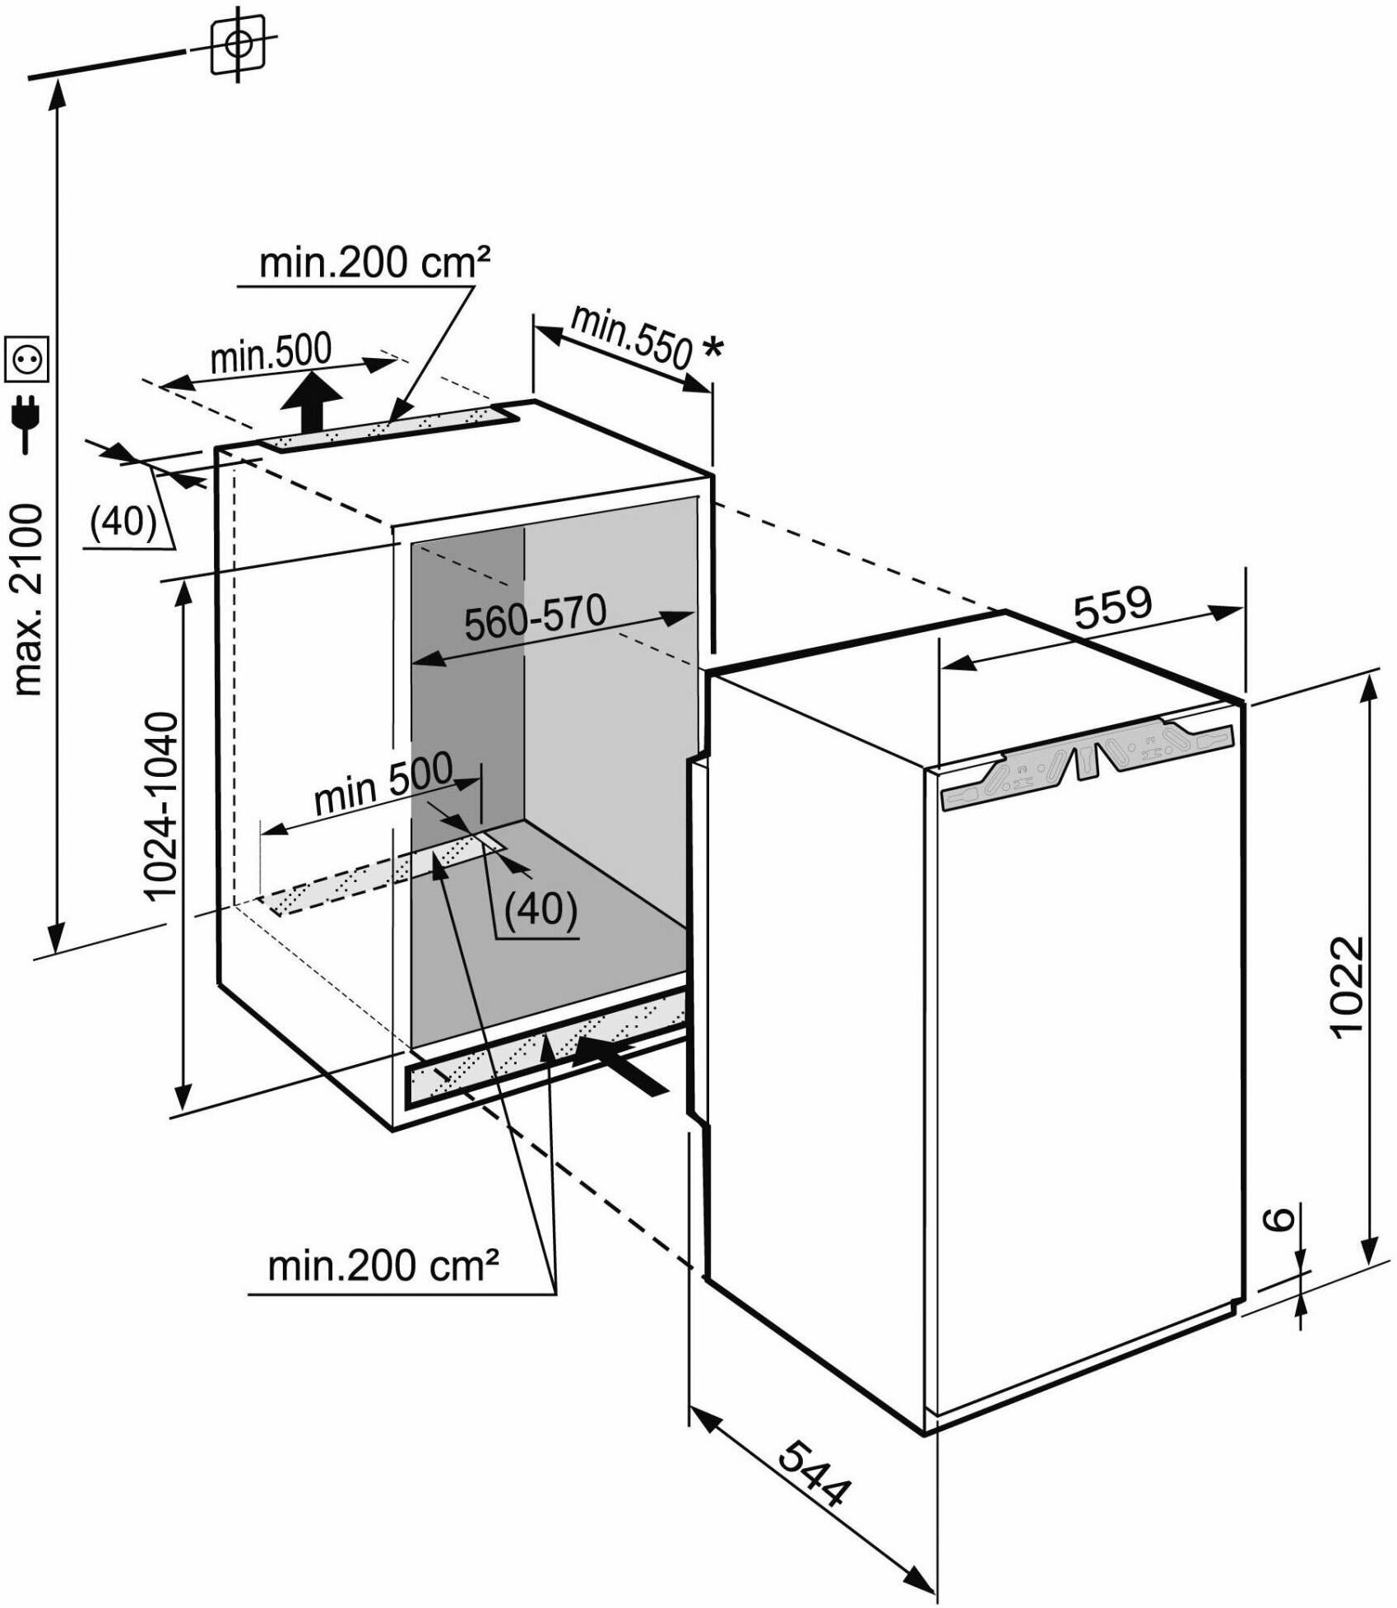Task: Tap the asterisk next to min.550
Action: tap(712, 349)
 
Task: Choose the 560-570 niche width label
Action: tap(535, 616)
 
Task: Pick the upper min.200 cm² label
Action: tap(374, 263)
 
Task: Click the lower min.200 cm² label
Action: tap(383, 1266)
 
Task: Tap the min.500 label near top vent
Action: tap(271, 354)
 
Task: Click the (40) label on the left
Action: tap(123, 521)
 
